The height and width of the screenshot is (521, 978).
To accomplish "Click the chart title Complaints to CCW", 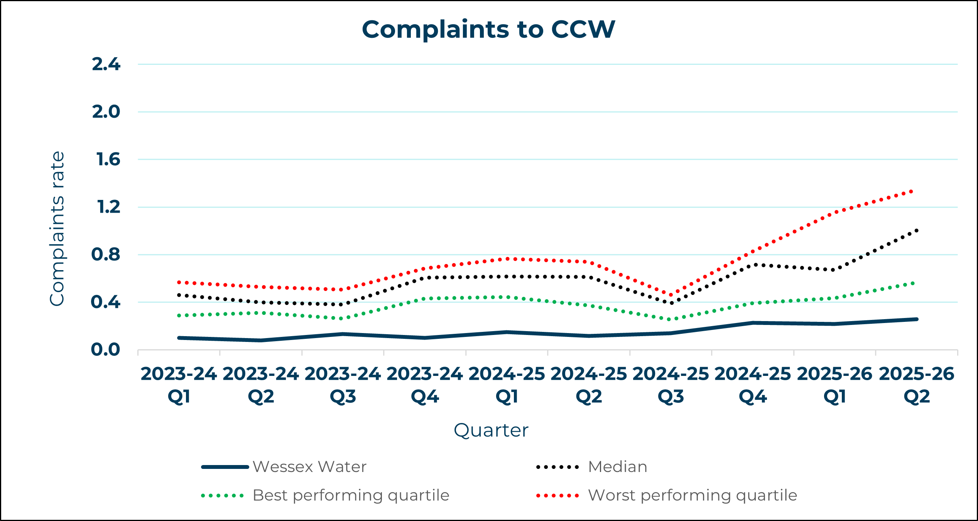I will [488, 29].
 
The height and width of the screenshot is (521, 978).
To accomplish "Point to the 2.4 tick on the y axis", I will [106, 64].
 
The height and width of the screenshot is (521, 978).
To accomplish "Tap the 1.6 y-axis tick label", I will [108, 159].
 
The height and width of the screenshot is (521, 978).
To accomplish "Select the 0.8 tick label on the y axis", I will [106, 255].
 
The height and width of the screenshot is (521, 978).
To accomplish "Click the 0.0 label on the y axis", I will [105, 350].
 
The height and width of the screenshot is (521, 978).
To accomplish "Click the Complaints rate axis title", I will [57, 228].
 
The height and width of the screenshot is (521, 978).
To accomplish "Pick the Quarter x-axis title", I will [491, 430].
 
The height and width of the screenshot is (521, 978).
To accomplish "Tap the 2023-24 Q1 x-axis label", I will [179, 385].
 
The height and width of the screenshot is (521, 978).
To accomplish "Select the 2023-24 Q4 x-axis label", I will [425, 385].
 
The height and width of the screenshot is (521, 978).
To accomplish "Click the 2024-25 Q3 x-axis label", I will [671, 385].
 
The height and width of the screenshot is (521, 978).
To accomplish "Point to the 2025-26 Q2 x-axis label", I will [917, 385].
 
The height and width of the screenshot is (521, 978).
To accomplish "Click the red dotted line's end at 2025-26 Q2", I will [911, 191].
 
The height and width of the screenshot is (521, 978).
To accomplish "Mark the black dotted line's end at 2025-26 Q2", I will [917, 231].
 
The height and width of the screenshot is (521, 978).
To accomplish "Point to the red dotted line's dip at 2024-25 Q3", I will [671, 295].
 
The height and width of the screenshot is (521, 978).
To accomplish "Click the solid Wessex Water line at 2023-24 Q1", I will [179, 338].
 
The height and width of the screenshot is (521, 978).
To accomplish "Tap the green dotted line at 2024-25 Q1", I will [507, 297].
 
